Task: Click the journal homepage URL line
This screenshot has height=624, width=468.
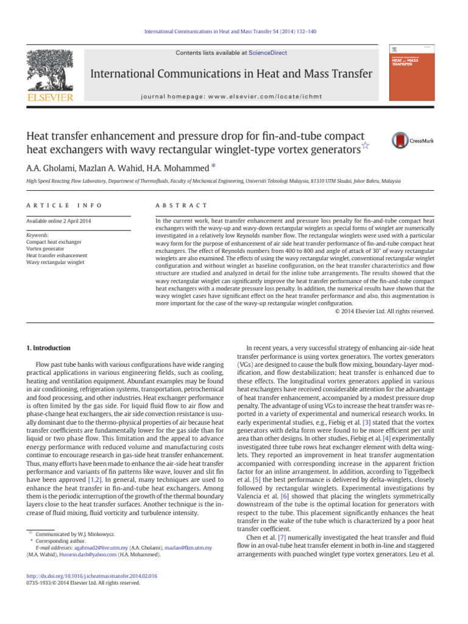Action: [x=232, y=97]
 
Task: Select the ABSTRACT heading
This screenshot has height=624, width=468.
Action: [x=182, y=206]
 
